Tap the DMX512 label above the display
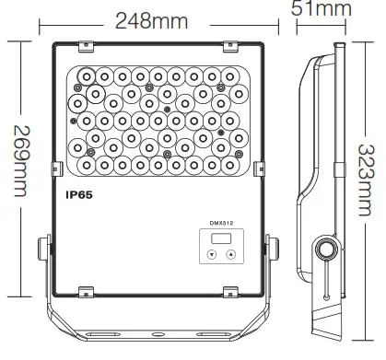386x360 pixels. pyautogui.click(x=224, y=225)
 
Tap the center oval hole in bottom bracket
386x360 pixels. pyautogui.click(x=158, y=336)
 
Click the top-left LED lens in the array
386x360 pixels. pyautogui.click(x=84, y=74)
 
